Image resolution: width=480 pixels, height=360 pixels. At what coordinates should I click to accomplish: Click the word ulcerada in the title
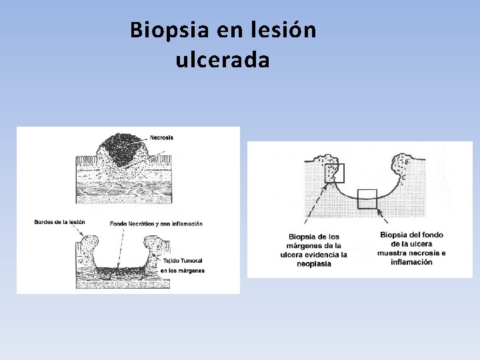(223, 61)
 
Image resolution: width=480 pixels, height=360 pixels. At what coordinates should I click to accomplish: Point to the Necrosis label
(161, 137)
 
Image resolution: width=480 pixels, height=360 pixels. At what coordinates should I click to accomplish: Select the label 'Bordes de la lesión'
(60, 222)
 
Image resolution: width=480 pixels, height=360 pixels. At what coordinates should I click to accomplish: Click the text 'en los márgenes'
(182, 271)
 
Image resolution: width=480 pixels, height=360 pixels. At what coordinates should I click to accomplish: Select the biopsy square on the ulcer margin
(334, 173)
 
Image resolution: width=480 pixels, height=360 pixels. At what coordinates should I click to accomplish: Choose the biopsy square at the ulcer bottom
(367, 199)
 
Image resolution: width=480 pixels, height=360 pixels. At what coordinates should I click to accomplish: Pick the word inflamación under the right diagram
(411, 262)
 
